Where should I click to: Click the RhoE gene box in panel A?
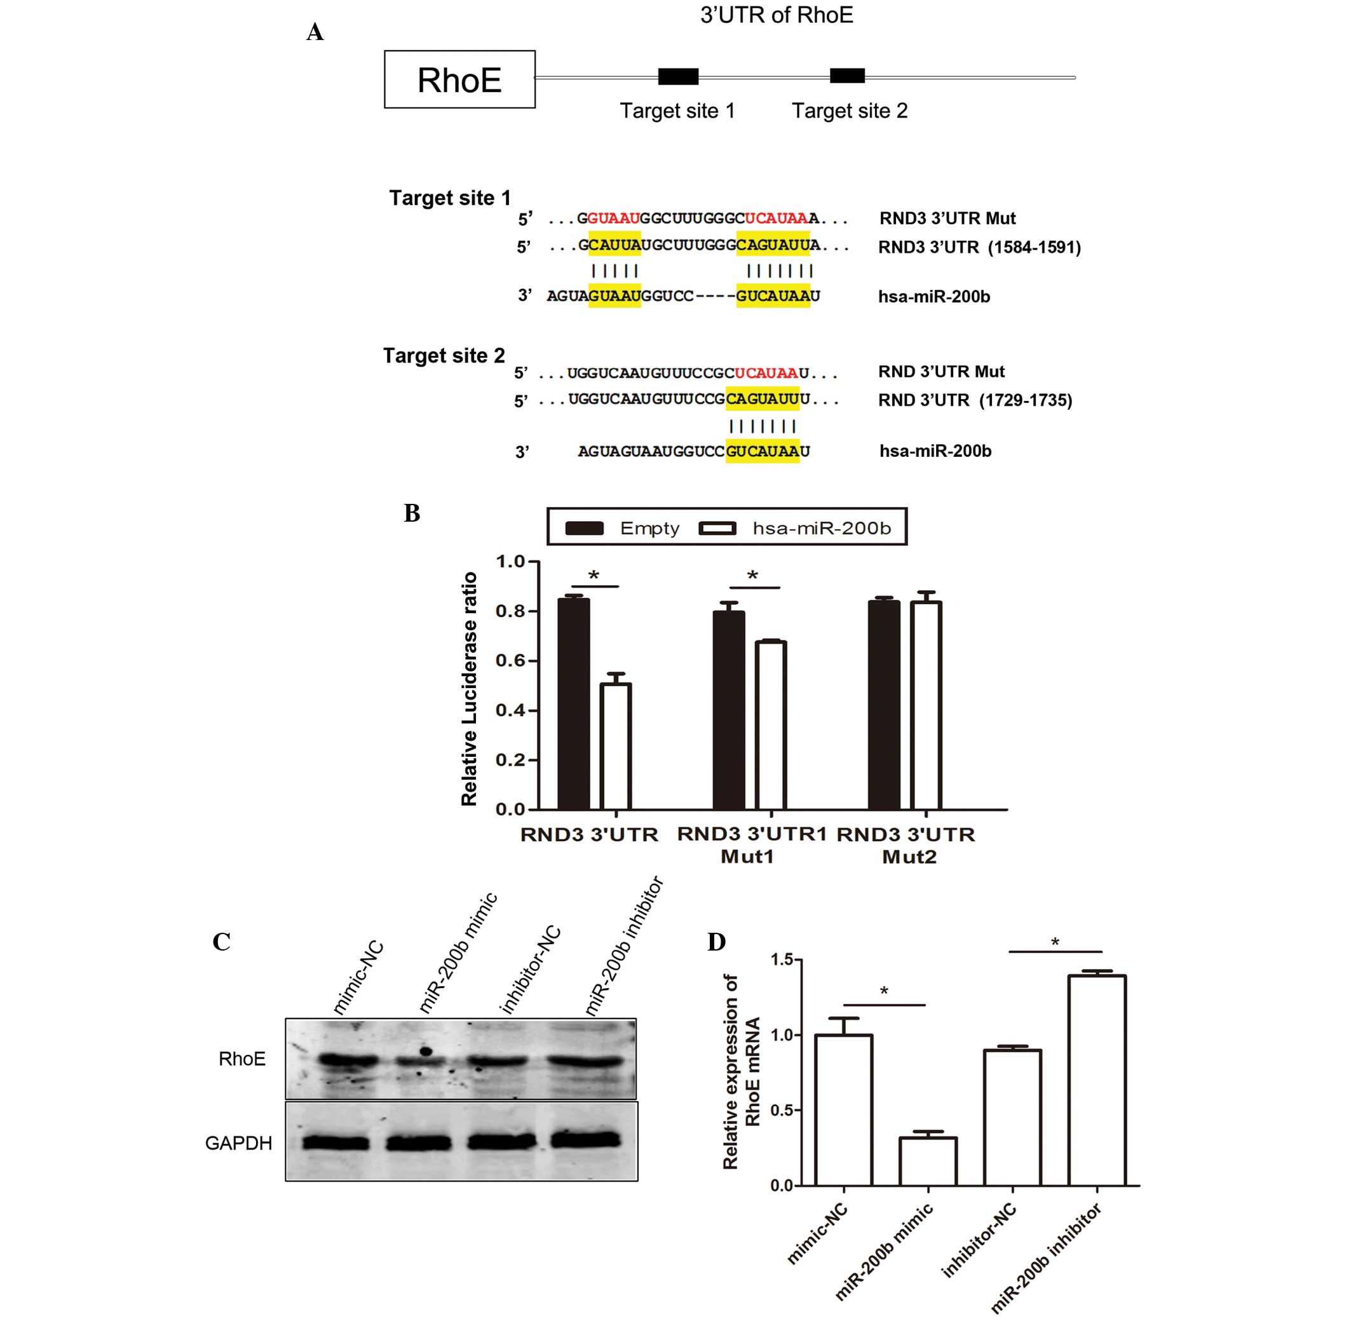[459, 79]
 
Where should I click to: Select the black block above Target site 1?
[678, 76]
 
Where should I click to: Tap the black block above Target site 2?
[847, 76]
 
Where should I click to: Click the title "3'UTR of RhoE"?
[777, 15]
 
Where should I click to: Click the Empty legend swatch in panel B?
[584, 529]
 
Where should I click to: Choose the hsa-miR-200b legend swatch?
[717, 529]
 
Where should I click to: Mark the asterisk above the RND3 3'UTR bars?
[594, 576]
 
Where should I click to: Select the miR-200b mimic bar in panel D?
[928, 1161]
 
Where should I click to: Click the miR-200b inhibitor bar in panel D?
[1096, 1080]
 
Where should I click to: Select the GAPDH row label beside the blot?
[238, 1143]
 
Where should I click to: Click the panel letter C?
[221, 942]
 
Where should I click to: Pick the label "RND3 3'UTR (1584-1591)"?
[979, 247]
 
